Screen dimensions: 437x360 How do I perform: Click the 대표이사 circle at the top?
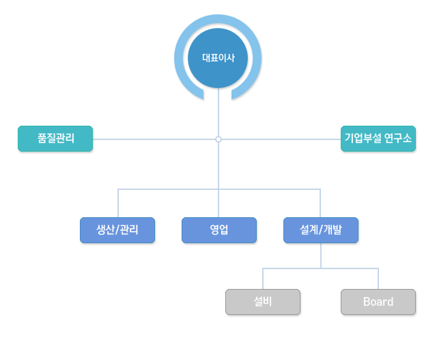point(218,58)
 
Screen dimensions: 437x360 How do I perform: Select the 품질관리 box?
point(55,139)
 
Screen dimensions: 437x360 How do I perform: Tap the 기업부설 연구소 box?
point(378,139)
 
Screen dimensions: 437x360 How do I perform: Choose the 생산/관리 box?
point(117,230)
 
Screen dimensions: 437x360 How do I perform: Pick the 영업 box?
point(219,230)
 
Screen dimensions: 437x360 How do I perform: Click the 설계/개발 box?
point(321,230)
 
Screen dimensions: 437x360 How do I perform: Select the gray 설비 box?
point(263,302)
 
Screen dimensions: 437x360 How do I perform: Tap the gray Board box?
point(378,302)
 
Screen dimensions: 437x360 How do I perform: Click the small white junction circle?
point(218,139)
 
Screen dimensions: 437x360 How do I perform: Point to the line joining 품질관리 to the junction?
point(154,139)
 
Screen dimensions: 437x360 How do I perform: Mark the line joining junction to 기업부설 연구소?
point(281,139)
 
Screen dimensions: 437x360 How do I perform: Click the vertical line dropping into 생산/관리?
point(118,204)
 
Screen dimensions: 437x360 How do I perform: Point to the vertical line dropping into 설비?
point(263,279)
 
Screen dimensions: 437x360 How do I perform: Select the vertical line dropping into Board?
point(378,279)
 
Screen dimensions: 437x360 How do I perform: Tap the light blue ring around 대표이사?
point(178,58)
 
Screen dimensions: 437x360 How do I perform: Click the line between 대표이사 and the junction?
point(218,112)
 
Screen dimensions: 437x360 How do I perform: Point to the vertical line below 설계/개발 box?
point(321,255)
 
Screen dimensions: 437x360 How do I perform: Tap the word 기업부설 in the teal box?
point(363,138)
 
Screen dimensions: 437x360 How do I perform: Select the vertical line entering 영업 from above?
point(218,204)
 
